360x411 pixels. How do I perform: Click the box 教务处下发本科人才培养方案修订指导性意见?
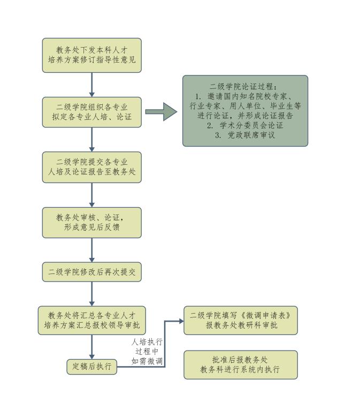coord(92,55)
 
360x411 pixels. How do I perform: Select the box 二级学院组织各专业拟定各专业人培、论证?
coord(92,112)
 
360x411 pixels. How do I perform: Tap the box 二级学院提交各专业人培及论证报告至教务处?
coord(92,167)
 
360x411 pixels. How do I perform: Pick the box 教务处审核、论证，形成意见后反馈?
coord(92,222)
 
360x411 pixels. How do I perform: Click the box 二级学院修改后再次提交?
coord(92,272)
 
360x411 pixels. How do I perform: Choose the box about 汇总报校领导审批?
coord(92,320)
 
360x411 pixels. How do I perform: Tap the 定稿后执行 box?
coord(92,367)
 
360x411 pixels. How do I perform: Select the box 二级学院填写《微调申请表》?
coord(240,320)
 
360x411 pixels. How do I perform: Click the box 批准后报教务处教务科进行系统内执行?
coord(240,365)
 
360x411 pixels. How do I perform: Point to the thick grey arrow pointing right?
coord(161,112)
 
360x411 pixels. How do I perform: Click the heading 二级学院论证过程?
coord(245,86)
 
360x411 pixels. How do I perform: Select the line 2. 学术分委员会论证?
coord(245,126)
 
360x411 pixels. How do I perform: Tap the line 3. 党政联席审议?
coord(245,136)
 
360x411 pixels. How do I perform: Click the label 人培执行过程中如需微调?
coord(147,351)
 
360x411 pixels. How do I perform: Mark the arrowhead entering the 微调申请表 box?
coord(181,321)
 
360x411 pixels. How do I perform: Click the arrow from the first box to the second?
coord(92,85)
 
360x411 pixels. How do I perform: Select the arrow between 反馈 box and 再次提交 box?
coord(92,250)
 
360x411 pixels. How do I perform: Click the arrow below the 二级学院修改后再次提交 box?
coord(92,294)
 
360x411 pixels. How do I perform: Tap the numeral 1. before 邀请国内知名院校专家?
coord(198,96)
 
